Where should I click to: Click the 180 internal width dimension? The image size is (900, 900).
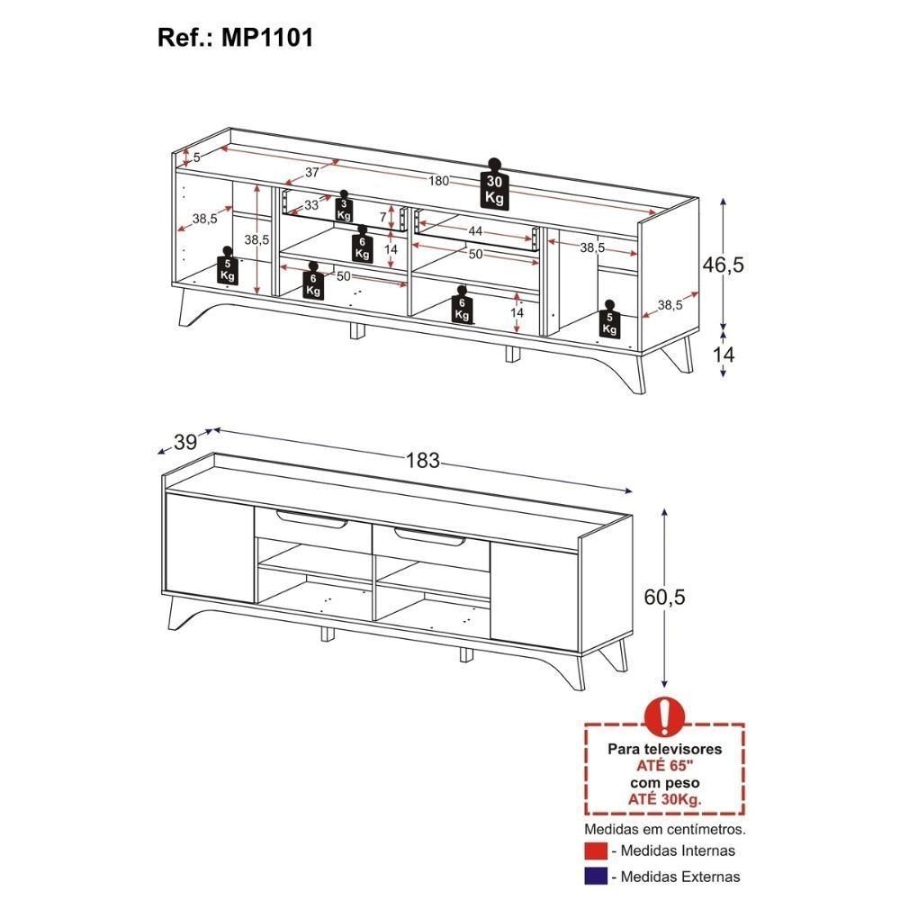click(438, 181)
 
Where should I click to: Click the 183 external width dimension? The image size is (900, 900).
click(422, 461)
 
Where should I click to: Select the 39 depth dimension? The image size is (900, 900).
click(185, 442)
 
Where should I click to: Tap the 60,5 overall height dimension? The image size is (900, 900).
click(665, 597)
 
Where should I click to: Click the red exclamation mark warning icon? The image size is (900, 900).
click(664, 715)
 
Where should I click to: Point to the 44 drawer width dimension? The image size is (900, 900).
click(476, 231)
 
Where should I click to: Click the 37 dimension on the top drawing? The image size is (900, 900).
click(312, 173)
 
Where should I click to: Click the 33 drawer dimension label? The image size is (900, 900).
click(310, 205)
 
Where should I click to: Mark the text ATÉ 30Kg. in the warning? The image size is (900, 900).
click(664, 798)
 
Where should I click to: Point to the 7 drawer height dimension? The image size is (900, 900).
click(382, 217)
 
